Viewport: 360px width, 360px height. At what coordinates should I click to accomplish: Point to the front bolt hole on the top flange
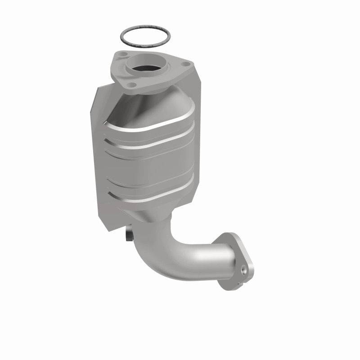(x=131, y=84)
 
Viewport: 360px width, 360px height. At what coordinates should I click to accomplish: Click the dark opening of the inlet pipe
(x=146, y=68)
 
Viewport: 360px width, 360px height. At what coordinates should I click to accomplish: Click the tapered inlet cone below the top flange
(x=148, y=103)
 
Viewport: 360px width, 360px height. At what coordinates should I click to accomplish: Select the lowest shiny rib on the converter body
(x=153, y=198)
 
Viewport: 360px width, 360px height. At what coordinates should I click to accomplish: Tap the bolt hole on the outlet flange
(x=244, y=270)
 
